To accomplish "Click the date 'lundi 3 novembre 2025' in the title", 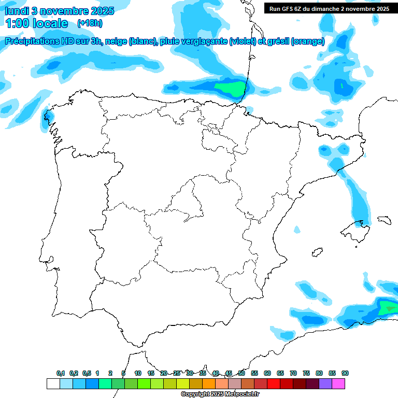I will [x=60, y=11].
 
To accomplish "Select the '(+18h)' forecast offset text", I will [x=90, y=23].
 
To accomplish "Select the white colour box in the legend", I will [x=53, y=383].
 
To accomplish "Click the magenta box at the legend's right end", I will [x=338, y=383].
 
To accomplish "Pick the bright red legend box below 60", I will [x=274, y=383].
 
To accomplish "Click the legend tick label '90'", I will [x=345, y=373].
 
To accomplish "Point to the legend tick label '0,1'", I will [x=61, y=373].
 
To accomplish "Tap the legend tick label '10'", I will [x=138, y=373].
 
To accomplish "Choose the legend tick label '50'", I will [x=241, y=373].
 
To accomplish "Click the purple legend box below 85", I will [x=325, y=383].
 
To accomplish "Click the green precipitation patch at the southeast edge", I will [x=388, y=309].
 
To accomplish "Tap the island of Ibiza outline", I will [x=314, y=253].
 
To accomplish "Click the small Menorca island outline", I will [x=384, y=220].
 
